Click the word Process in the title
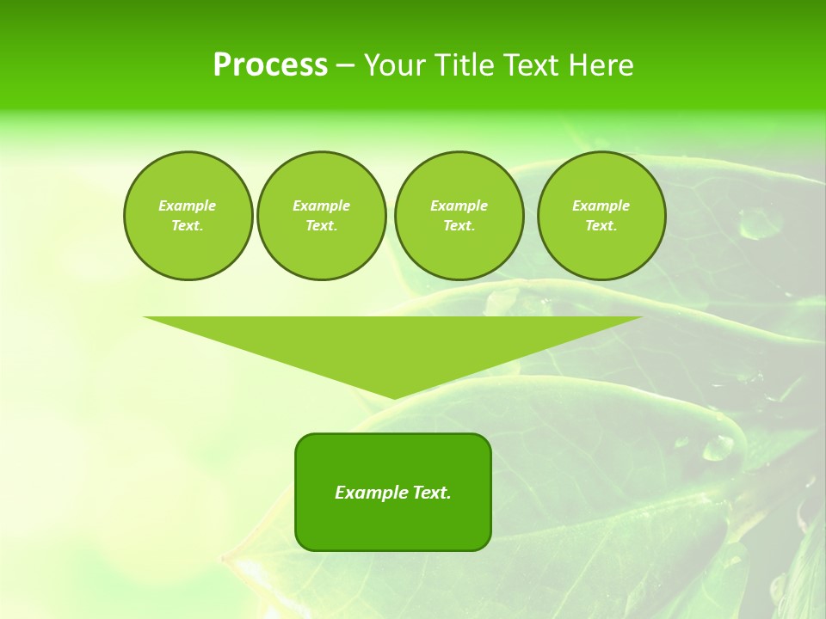tap(270, 65)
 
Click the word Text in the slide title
tap(533, 65)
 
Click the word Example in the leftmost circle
tap(188, 205)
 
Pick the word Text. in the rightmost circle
tap(601, 226)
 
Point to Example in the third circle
tap(459, 205)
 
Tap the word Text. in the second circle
tap(321, 226)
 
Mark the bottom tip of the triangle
tap(393, 396)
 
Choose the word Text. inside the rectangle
tap(432, 493)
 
